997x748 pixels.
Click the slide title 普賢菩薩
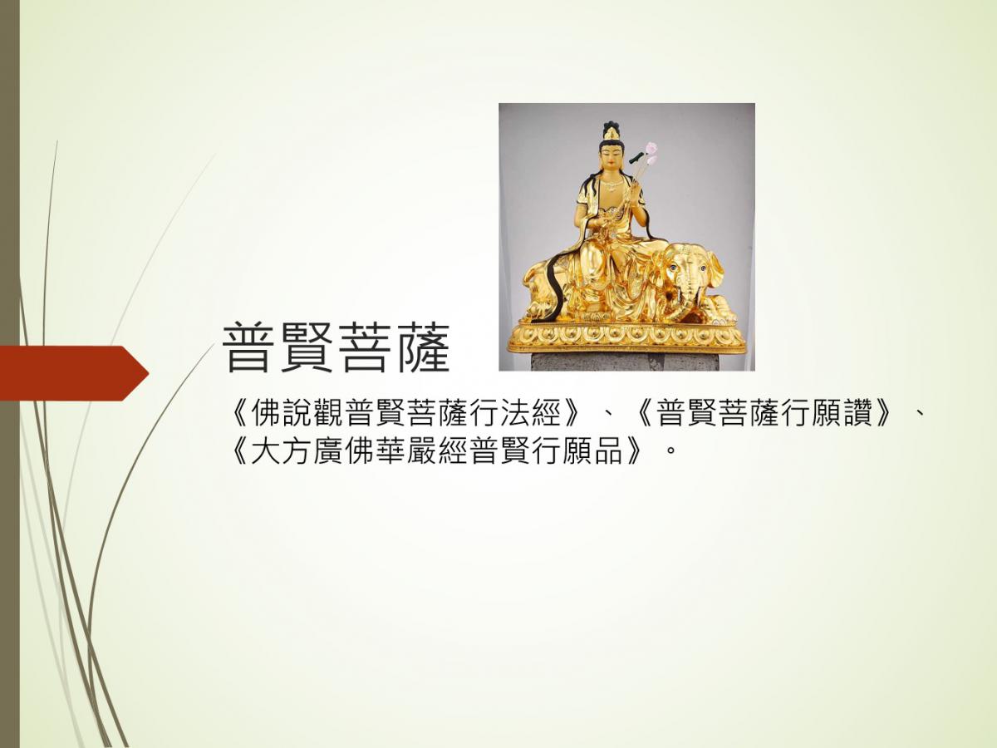point(336,348)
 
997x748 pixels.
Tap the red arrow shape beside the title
point(74,373)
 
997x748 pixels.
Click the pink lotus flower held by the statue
point(651,152)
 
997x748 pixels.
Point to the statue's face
point(612,160)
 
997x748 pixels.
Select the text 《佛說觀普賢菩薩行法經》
point(406,413)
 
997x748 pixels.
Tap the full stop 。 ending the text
point(668,452)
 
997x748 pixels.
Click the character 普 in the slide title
point(248,348)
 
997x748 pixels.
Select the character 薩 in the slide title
point(424,348)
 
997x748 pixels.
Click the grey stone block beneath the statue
point(625,362)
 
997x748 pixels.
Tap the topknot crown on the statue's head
point(611,130)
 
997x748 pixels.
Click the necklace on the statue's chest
point(613,185)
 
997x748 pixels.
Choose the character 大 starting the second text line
point(265,450)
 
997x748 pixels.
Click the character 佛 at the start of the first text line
point(265,413)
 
